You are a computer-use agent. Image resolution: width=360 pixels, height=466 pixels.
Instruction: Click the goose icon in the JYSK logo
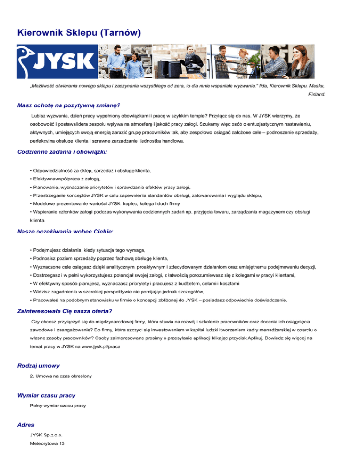(29, 61)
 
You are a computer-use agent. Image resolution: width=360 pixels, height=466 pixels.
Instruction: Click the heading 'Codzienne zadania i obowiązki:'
(62, 152)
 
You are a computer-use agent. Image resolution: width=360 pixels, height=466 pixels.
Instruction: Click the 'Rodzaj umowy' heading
(38, 365)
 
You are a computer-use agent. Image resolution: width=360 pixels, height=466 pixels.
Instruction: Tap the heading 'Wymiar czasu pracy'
(46, 395)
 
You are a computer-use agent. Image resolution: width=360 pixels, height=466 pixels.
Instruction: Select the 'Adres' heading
(25, 425)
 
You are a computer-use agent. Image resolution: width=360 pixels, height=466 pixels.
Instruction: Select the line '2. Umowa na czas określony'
(60, 376)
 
